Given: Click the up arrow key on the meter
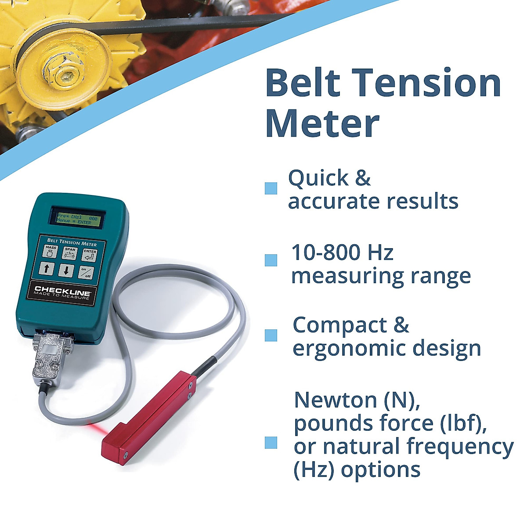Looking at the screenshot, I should (47, 269).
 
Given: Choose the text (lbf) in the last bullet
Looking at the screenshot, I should (462, 423).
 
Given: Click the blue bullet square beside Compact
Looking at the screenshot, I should (271, 336).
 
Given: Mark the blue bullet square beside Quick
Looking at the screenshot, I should (271, 188).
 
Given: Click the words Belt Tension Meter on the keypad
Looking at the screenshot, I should (72, 242).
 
